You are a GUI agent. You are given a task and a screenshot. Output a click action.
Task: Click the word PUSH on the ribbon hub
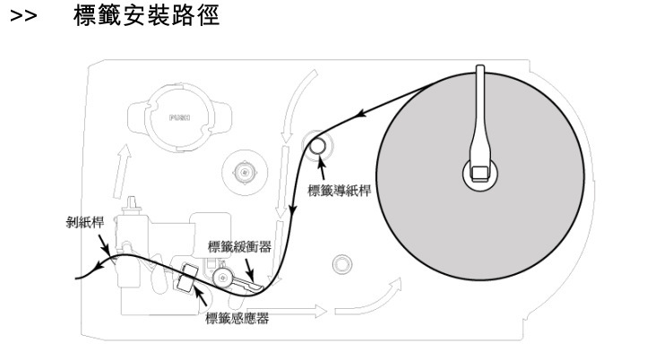pos(177,116)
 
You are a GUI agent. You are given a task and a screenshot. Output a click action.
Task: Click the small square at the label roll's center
pos(480,170)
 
